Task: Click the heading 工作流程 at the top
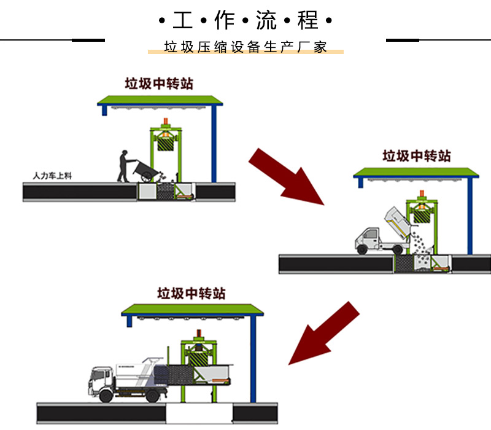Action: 245,21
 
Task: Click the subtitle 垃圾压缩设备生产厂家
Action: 245,48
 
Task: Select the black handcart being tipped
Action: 146,170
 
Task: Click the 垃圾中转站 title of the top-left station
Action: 159,84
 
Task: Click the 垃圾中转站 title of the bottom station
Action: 191,293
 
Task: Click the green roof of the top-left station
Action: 160,100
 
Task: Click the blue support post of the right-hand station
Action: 470,215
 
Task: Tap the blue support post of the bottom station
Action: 251,356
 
